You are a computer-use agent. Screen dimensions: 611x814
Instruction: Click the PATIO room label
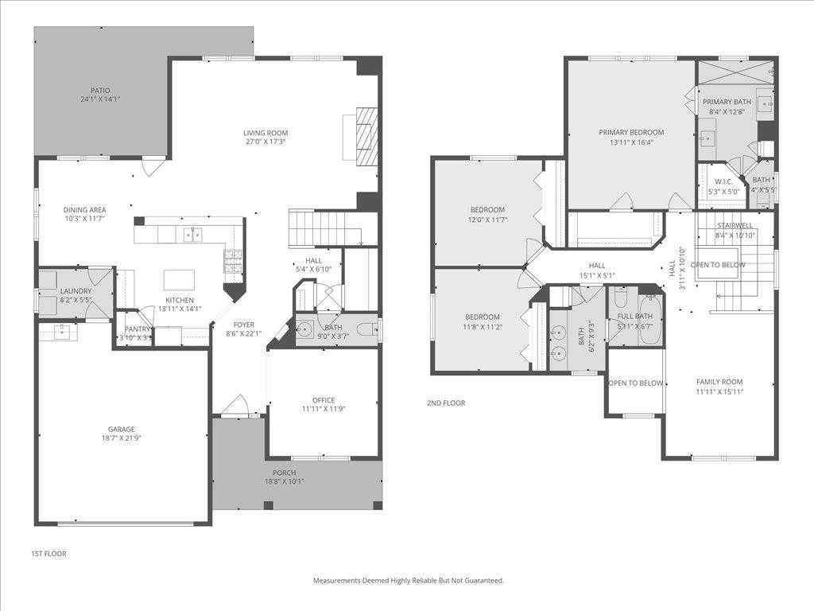(100, 91)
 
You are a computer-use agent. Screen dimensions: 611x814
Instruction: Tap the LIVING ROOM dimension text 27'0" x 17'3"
(266, 142)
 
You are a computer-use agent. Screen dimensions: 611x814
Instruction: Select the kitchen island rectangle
(179, 280)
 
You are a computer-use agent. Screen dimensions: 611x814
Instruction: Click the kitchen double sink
(192, 234)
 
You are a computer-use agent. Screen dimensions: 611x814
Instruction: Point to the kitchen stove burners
(232, 262)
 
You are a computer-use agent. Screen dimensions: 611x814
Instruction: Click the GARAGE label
(122, 430)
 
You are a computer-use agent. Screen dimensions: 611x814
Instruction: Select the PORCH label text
(285, 473)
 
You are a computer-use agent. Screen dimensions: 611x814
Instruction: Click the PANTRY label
(138, 329)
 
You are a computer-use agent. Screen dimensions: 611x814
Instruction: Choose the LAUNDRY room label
(76, 291)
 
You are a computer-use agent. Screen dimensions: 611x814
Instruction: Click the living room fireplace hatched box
(366, 136)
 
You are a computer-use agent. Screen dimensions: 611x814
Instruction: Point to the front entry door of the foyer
(235, 407)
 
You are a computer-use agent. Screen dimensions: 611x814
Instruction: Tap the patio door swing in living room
(153, 165)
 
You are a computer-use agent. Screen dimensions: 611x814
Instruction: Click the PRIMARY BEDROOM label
(631, 133)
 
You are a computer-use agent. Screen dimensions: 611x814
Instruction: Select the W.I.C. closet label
(723, 182)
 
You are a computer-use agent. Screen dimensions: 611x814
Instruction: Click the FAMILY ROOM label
(719, 382)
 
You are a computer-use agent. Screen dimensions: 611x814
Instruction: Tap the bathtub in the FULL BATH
(649, 319)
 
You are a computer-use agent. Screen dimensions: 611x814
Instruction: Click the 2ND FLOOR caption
(446, 403)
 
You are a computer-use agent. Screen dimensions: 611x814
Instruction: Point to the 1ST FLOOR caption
(48, 552)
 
